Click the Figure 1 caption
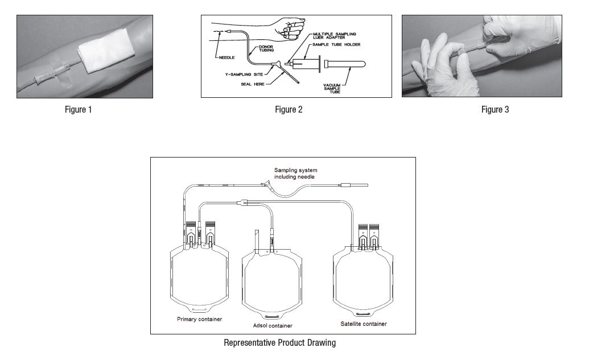(78, 110)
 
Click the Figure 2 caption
(289, 110)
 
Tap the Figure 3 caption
(495, 110)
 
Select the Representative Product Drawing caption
(279, 342)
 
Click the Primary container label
(200, 319)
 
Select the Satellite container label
(364, 324)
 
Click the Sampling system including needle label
(295, 173)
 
